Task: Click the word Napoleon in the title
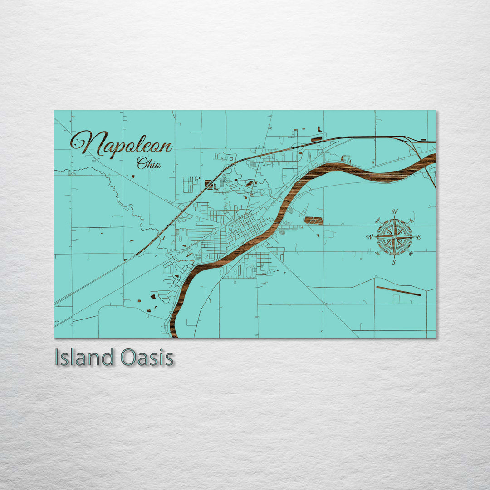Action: [122, 144]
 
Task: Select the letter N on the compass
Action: [394, 212]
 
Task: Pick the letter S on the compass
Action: [394, 262]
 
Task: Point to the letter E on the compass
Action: [418, 237]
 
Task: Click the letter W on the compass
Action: [369, 237]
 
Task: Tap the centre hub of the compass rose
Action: [394, 237]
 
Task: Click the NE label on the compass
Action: [411, 221]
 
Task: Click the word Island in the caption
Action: [84, 358]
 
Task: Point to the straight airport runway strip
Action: [398, 291]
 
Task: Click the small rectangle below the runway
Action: [396, 299]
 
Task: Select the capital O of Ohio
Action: [141, 163]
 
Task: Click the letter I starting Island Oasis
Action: [57, 358]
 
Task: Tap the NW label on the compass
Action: [378, 221]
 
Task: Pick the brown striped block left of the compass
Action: [314, 220]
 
